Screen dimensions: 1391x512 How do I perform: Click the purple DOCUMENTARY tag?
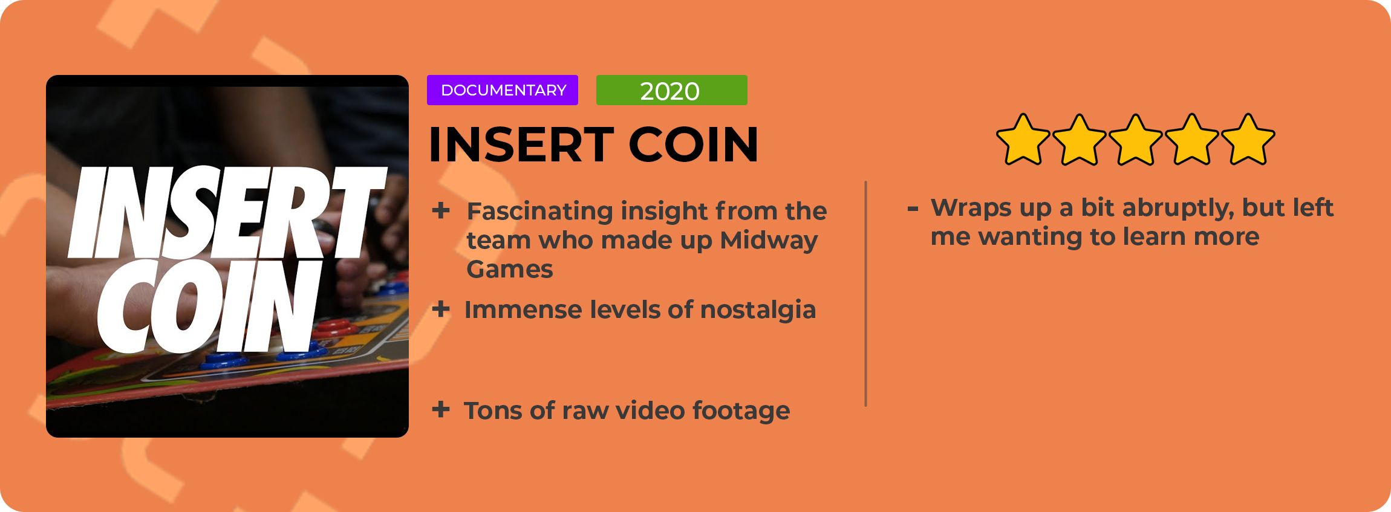coord(503,90)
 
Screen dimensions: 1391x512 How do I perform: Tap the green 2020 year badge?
coord(671,90)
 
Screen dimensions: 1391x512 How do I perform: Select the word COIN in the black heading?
coord(693,145)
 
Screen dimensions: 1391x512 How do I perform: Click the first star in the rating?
coord(1023,139)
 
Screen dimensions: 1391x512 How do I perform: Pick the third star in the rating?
coord(1135,139)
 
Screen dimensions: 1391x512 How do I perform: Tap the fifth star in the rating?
coord(1248,139)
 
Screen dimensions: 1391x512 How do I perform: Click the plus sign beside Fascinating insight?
coord(441,211)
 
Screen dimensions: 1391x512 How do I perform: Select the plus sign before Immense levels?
coord(441,309)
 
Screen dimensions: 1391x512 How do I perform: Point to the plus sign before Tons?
coord(441,410)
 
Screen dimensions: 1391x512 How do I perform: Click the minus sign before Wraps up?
coord(913,209)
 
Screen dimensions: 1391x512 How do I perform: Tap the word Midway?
coord(769,241)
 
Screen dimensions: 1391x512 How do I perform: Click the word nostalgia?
coord(758,310)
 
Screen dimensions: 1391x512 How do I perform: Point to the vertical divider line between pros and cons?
coord(866,294)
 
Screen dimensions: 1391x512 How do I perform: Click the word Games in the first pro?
coord(510,270)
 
